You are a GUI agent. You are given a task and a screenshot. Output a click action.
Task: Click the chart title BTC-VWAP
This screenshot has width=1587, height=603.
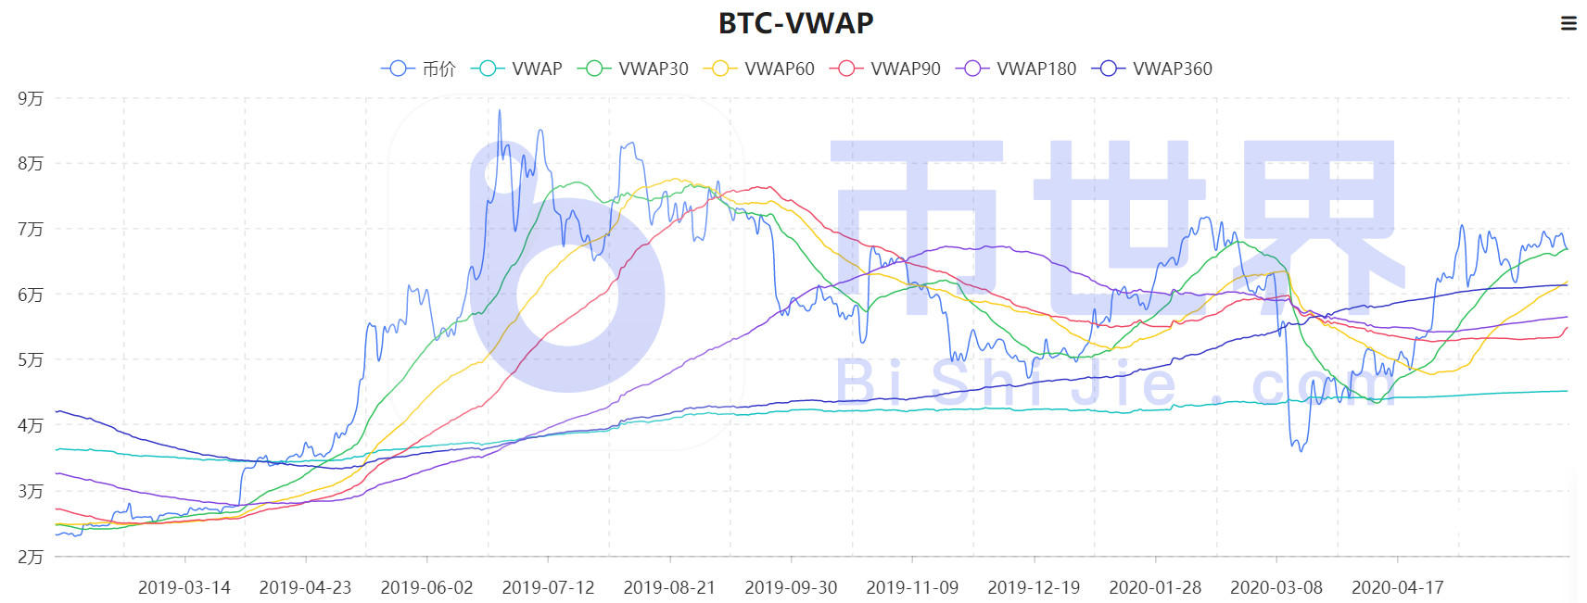[x=795, y=23]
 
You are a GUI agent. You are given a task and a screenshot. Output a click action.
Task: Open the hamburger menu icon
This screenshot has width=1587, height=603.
[x=1568, y=23]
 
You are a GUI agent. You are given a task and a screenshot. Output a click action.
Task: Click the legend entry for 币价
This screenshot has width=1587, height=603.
[x=419, y=69]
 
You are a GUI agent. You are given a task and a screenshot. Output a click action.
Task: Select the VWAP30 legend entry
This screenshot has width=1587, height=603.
[x=634, y=69]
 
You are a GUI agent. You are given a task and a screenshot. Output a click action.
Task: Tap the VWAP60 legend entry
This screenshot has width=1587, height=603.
[x=760, y=69]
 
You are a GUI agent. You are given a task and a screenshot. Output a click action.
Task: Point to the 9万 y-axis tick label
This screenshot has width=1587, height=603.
[x=31, y=98]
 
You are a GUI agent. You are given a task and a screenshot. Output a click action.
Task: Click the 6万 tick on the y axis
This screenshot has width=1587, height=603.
[x=31, y=295]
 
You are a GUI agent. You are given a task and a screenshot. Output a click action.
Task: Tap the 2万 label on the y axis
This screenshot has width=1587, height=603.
[x=31, y=557]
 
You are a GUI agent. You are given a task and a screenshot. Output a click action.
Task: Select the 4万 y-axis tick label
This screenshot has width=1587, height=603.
[x=31, y=425]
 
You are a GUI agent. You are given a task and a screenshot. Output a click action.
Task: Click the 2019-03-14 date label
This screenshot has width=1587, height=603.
[x=184, y=587]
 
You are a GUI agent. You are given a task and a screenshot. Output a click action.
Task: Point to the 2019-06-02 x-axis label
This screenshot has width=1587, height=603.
[x=426, y=587]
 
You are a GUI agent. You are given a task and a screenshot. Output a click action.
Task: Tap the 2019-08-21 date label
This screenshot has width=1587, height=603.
[x=669, y=587]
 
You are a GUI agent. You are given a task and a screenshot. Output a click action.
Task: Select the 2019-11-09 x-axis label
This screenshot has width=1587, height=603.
[x=912, y=587]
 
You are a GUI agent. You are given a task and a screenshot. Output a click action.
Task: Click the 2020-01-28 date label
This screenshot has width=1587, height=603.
[x=1155, y=587]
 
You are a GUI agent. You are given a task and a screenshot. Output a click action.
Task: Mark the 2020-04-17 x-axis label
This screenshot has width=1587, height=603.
[x=1397, y=587]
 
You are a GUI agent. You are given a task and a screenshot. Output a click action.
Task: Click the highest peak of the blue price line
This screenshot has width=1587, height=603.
[x=500, y=111]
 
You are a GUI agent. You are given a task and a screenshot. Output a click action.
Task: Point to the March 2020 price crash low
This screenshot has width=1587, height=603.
[x=1301, y=450]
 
